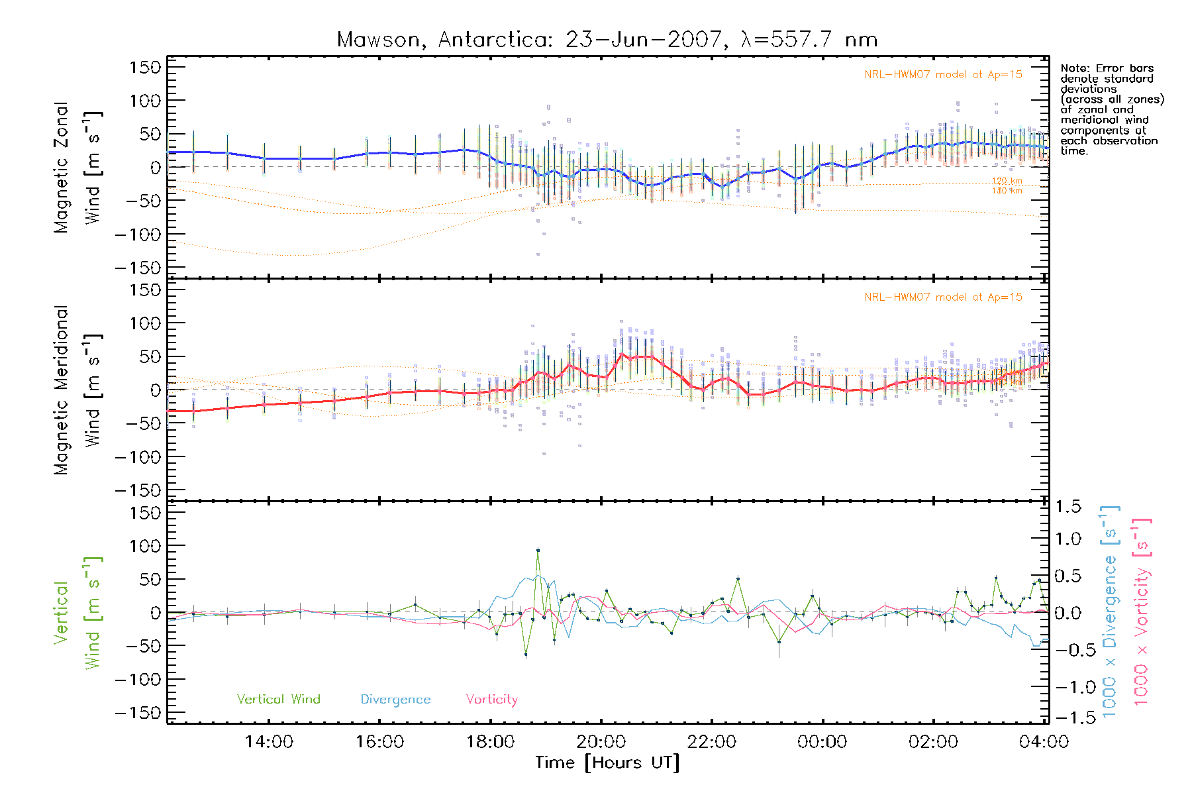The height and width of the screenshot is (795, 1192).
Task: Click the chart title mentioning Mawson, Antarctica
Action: pyautogui.click(x=607, y=40)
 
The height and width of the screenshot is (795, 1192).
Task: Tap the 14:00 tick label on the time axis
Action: pyautogui.click(x=269, y=742)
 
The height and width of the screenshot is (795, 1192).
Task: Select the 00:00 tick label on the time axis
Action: pyautogui.click(x=822, y=742)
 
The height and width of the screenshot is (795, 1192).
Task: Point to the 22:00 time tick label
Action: pyautogui.click(x=711, y=742)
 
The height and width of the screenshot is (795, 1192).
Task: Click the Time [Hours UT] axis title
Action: pyautogui.click(x=607, y=763)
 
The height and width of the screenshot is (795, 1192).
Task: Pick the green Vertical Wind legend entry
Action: pyautogui.click(x=278, y=700)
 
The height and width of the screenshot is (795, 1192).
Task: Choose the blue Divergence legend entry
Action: pyautogui.click(x=395, y=700)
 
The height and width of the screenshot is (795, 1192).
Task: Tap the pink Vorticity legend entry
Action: pyautogui.click(x=491, y=700)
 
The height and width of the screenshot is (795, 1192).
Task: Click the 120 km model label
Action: pyautogui.click(x=1007, y=181)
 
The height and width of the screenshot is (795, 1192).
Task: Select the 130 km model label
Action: pyautogui.click(x=1007, y=191)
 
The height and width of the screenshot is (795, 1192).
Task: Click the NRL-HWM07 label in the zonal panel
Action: pyautogui.click(x=943, y=75)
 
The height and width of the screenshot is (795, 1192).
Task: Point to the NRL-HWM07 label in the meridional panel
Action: pyautogui.click(x=943, y=297)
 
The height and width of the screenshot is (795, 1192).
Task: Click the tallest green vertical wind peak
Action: pyautogui.click(x=538, y=550)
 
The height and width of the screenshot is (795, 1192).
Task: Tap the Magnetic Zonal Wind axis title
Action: pyautogui.click(x=78, y=168)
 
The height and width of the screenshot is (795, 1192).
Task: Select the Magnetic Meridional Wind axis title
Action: pyautogui.click(x=78, y=390)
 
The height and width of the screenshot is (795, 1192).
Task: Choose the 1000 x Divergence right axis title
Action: pyautogui.click(x=1110, y=611)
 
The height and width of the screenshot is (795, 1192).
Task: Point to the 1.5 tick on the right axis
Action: pyautogui.click(x=1068, y=507)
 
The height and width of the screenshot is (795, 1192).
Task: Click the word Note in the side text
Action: pyautogui.click(x=1073, y=68)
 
